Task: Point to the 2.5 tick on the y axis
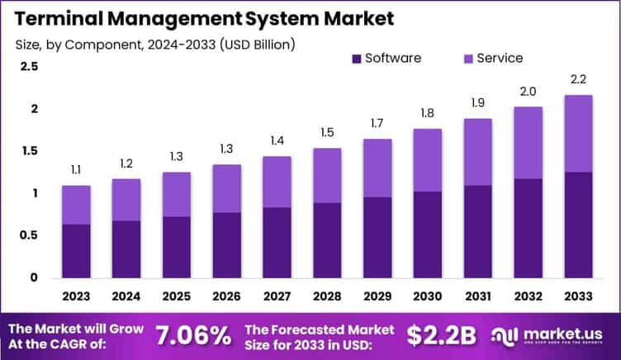pos(30,67)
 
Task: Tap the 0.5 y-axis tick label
pos(30,235)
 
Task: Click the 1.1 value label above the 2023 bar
pos(76,170)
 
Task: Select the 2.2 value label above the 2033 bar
pos(578,80)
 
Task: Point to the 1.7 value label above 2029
pos(377,124)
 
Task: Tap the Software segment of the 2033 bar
pos(578,225)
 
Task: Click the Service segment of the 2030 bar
pos(428,160)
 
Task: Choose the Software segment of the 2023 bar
pos(76,251)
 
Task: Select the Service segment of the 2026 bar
pos(227,188)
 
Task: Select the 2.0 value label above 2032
pos(528,92)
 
